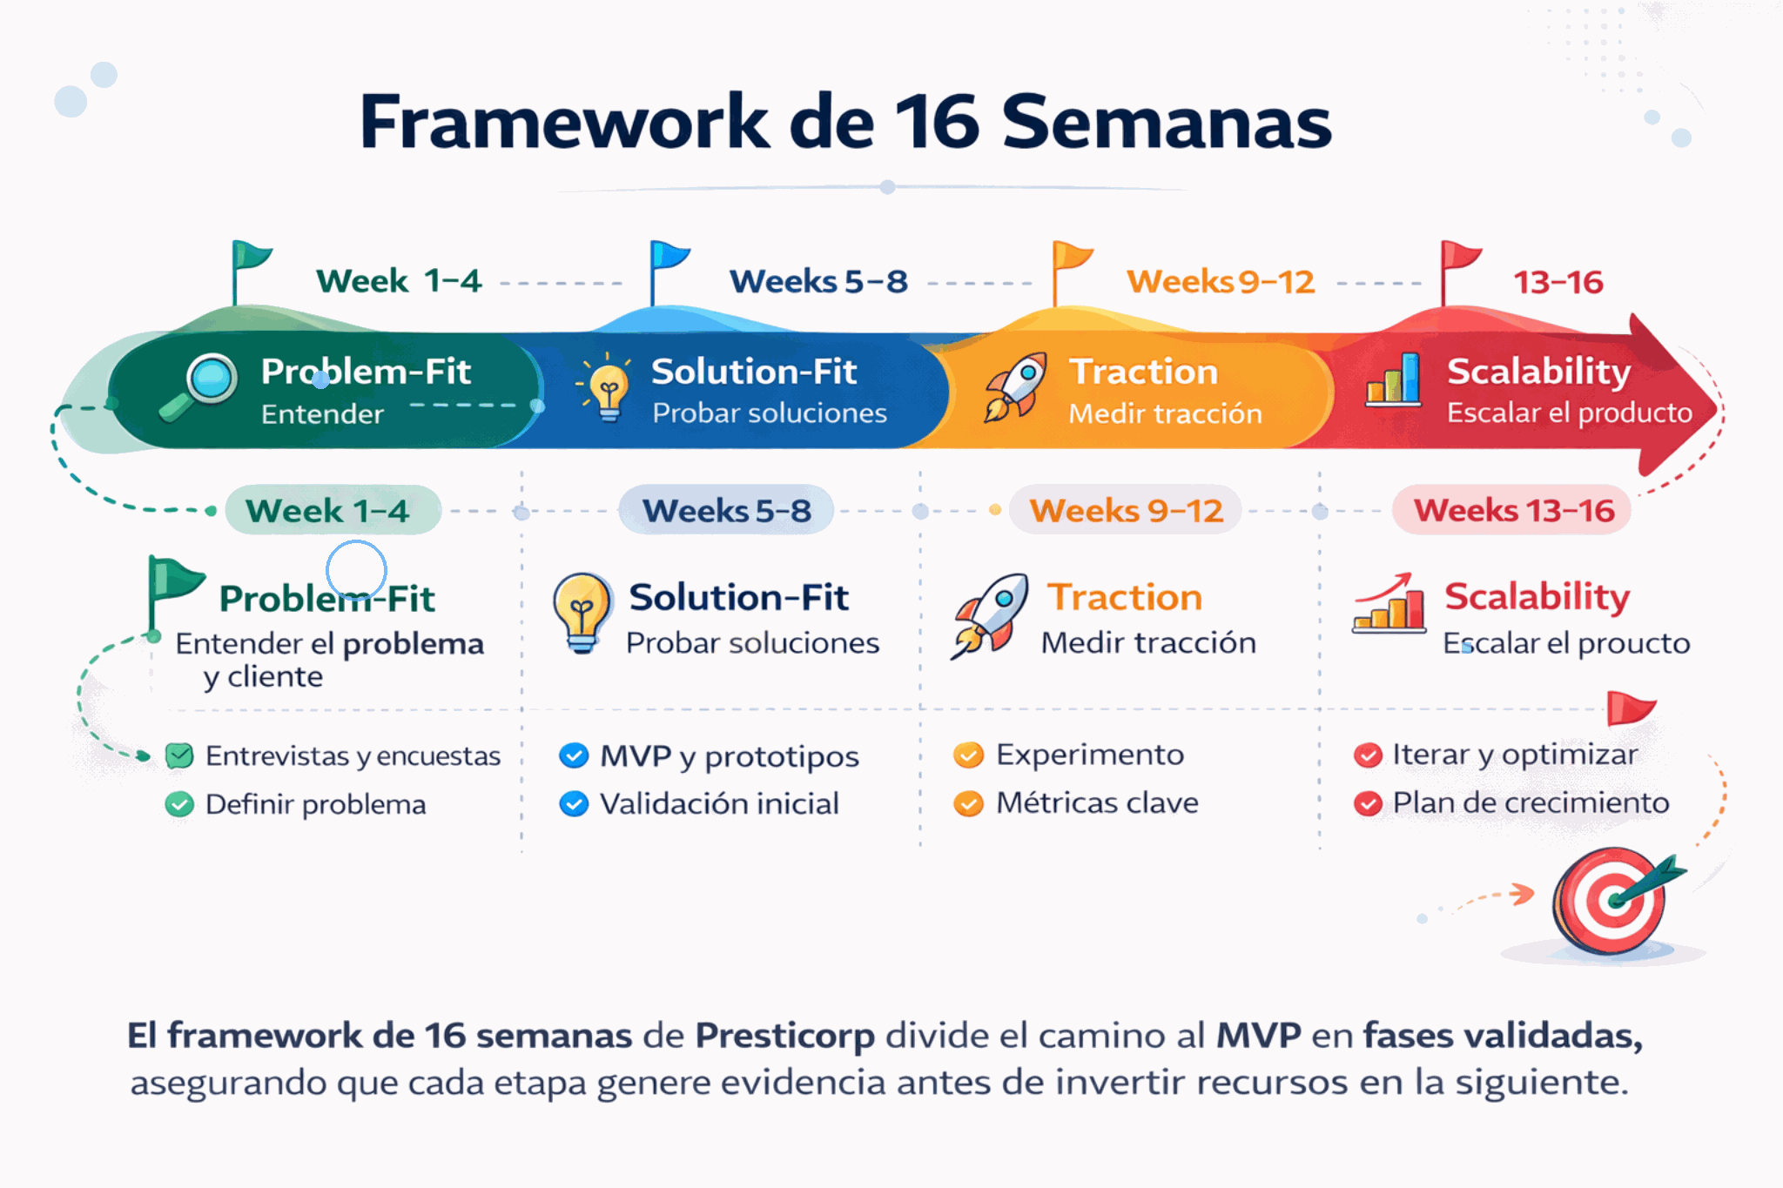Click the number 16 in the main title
tap(936, 122)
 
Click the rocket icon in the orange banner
tap(1015, 387)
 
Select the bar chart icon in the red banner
tap(1394, 380)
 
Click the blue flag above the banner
tap(669, 272)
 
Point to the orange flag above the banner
tap(1071, 272)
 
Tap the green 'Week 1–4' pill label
tap(333, 510)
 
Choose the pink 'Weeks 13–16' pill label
tap(1512, 510)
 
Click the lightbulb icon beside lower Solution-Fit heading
tap(582, 613)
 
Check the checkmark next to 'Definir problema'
tap(179, 804)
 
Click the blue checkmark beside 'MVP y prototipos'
tap(574, 755)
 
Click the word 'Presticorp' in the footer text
tap(784, 1036)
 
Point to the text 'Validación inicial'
tap(719, 803)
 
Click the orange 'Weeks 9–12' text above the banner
tap(1221, 282)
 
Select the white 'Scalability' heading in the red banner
tap(1539, 373)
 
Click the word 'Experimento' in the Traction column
tap(1090, 755)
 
